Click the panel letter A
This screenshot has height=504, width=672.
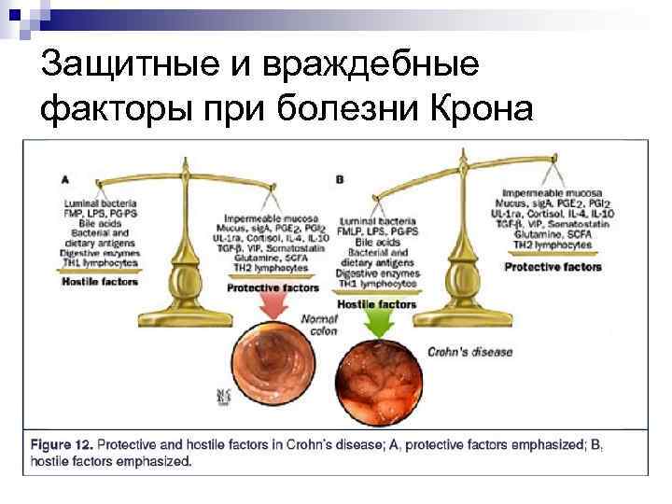(x=64, y=177)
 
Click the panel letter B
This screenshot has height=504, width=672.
(x=340, y=177)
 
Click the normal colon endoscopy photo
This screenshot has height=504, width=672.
(x=268, y=366)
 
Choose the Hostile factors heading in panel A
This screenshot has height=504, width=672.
(x=99, y=281)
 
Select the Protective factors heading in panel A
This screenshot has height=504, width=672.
(x=272, y=288)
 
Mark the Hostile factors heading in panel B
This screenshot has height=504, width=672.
(x=376, y=304)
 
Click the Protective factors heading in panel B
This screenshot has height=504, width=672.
(x=553, y=267)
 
